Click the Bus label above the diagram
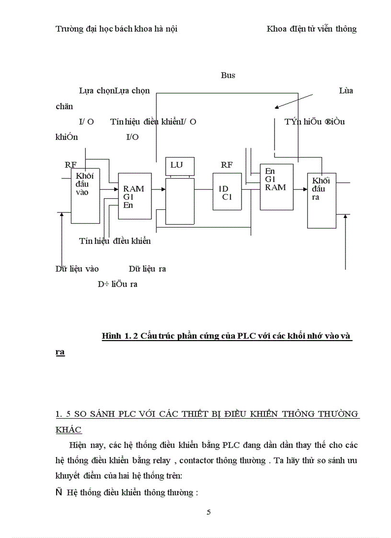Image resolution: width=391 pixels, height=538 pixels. click(x=228, y=75)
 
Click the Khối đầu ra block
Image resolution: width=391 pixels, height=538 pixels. click(x=322, y=200)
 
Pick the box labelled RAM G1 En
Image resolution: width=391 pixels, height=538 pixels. click(x=134, y=196)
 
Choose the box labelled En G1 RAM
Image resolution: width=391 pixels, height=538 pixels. click(x=276, y=187)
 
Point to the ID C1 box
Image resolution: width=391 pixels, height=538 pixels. click(x=227, y=191)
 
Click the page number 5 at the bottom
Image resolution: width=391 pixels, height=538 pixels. click(x=208, y=512)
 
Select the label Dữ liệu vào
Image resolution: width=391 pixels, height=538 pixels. click(x=77, y=269)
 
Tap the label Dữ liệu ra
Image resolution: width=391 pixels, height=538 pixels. click(x=147, y=269)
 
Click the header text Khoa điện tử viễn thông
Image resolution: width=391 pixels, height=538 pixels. click(x=311, y=29)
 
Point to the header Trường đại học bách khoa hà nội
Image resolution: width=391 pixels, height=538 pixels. click(x=116, y=29)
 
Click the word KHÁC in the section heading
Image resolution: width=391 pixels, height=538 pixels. click(x=69, y=430)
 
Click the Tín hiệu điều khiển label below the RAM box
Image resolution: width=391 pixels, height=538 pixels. click(x=115, y=240)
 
